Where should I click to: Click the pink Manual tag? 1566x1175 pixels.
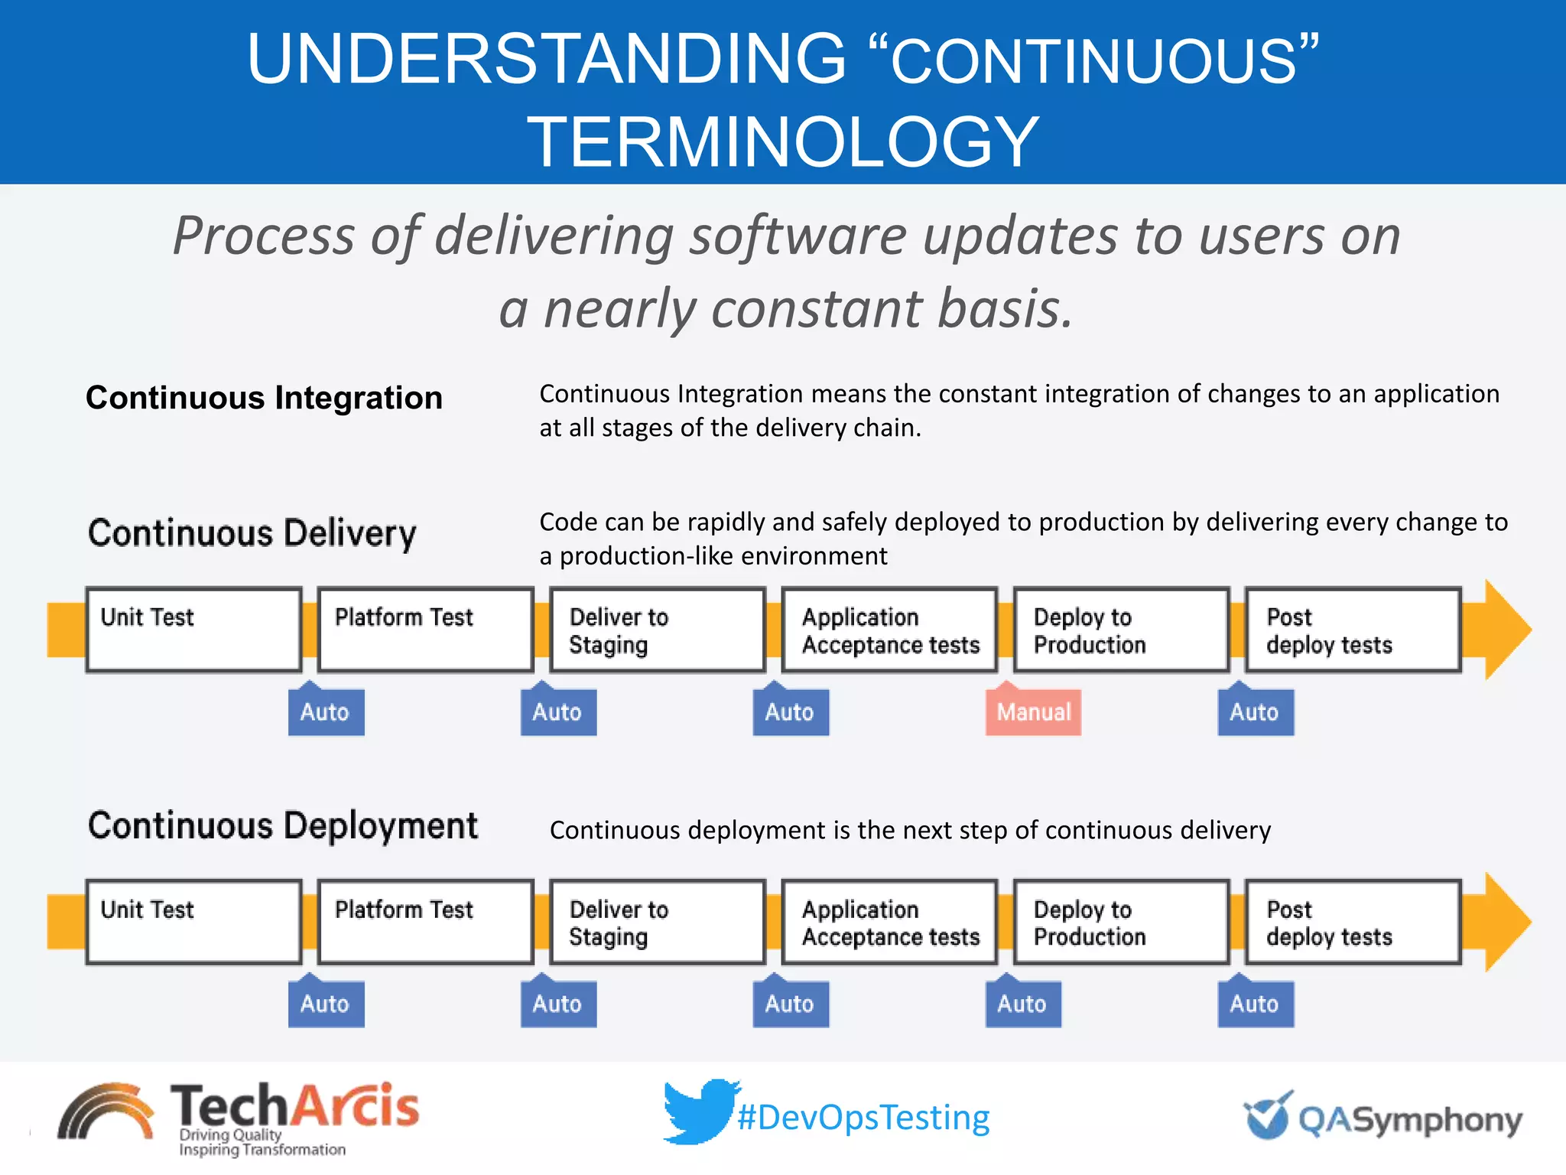coord(1033,711)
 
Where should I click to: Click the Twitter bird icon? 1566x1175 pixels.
coord(699,1111)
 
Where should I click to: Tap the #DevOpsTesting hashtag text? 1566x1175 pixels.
coord(863,1118)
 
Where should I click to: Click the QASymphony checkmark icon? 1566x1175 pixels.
coord(1268,1115)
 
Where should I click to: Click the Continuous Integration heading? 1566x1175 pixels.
coord(264,398)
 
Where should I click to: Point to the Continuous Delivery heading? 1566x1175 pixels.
coord(252,533)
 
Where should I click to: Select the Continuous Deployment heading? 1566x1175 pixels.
coord(282,826)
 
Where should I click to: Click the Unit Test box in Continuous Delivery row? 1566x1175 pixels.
coord(193,630)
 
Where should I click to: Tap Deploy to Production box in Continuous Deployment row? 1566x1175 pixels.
coord(1121,922)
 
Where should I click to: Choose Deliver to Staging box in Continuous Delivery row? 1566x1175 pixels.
coord(657,630)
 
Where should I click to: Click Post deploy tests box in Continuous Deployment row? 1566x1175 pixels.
coord(1353,922)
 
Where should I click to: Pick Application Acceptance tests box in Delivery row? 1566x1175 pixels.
coord(889,630)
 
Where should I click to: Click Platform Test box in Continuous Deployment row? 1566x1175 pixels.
coord(425,922)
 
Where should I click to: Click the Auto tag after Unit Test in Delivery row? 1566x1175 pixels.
coord(326,711)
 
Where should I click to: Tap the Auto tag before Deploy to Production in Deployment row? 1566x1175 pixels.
coord(1022,1004)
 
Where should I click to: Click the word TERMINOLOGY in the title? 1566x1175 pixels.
coord(783,142)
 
